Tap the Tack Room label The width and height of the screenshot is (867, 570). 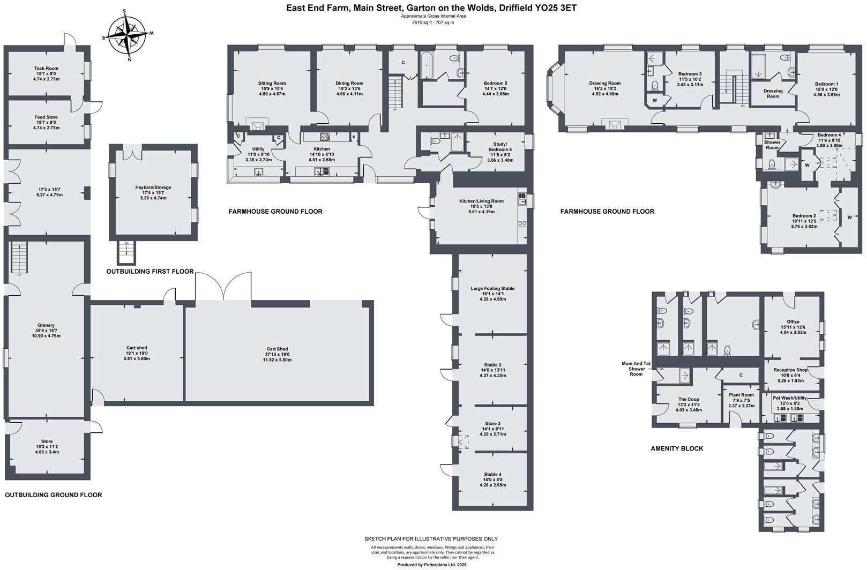[x=46, y=69]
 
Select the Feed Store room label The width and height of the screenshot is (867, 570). [x=46, y=117]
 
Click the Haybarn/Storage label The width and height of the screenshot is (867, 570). [x=153, y=187]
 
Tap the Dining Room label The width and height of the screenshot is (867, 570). [x=349, y=84]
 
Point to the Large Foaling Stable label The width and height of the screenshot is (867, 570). [x=492, y=289]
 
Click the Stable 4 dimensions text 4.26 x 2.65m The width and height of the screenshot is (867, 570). [x=492, y=485]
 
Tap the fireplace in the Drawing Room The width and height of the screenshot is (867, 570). [x=614, y=125]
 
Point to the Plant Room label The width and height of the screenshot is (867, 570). [x=741, y=395]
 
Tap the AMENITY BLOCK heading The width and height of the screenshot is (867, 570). [x=677, y=448]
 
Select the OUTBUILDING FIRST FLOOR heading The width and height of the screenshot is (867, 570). [x=150, y=272]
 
